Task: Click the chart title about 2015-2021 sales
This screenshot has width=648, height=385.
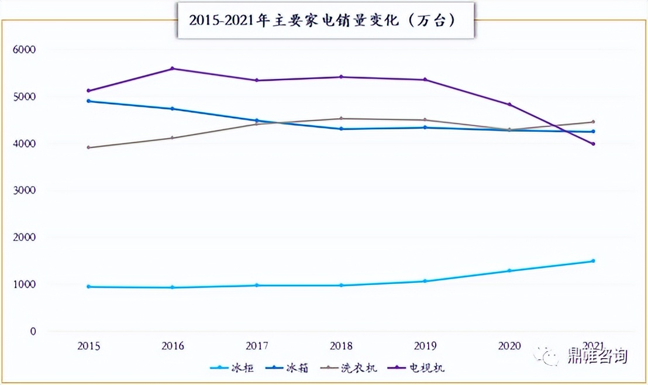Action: pos(325,20)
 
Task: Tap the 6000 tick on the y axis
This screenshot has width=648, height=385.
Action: pos(24,50)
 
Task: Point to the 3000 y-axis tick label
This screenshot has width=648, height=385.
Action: pos(24,191)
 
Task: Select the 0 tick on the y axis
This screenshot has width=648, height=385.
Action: pos(33,332)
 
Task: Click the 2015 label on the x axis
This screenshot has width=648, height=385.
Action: pos(88,346)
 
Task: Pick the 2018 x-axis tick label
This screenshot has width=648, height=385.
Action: pos(341,346)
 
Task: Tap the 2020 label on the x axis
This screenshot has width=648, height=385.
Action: pos(509,346)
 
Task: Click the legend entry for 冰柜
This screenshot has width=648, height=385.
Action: pos(233,368)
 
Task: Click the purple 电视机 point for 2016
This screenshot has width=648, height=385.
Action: pos(173,68)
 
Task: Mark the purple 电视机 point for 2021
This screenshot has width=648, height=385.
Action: pos(593,144)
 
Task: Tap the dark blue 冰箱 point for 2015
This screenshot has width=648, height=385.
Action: pos(88,101)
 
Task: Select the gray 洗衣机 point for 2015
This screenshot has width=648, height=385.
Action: pos(88,147)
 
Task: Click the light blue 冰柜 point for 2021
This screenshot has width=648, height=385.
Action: pos(593,261)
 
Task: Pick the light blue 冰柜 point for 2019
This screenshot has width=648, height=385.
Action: pos(425,281)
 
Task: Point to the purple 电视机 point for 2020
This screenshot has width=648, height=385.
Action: pos(509,105)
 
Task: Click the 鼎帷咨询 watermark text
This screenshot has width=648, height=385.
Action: pos(597,356)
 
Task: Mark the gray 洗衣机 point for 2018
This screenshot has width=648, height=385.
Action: pos(341,119)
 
